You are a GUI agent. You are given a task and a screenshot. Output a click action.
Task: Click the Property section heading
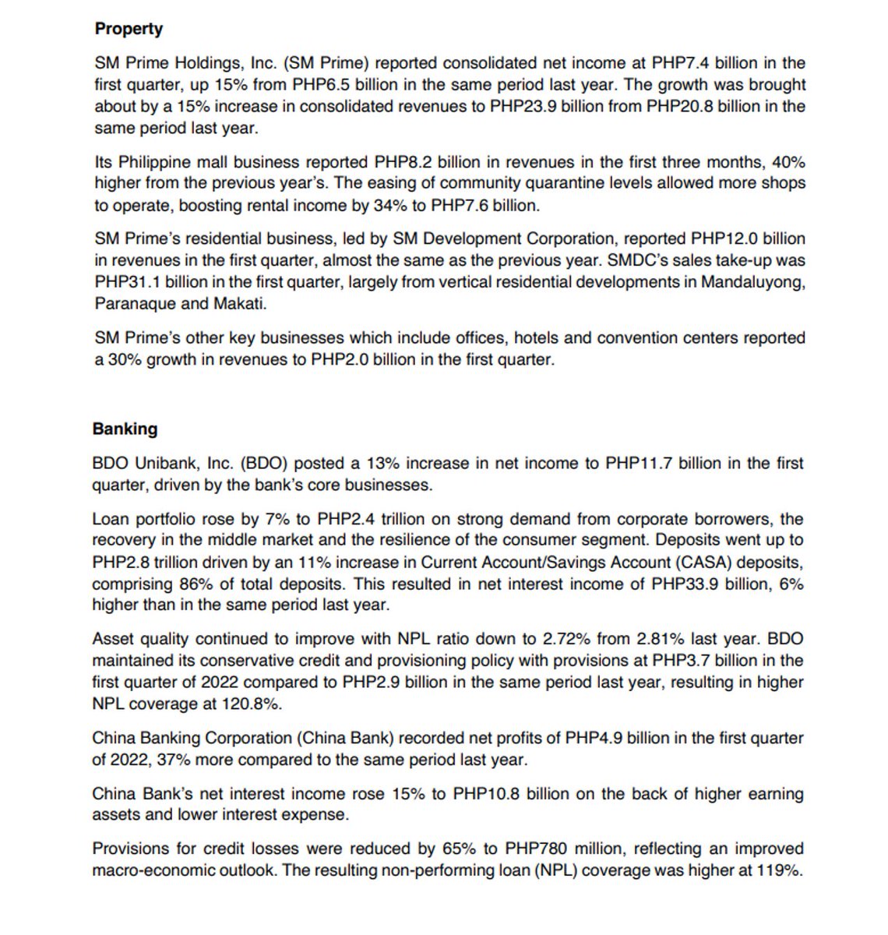pyautogui.click(x=129, y=29)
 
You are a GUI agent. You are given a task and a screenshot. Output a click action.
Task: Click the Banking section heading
pyautogui.click(x=125, y=429)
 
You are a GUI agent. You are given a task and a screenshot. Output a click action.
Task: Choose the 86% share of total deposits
pyautogui.click(x=205, y=584)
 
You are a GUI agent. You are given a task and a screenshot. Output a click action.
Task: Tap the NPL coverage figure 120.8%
pyautogui.click(x=254, y=704)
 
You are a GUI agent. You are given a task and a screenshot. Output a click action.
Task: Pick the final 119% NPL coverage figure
pyautogui.click(x=777, y=870)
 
